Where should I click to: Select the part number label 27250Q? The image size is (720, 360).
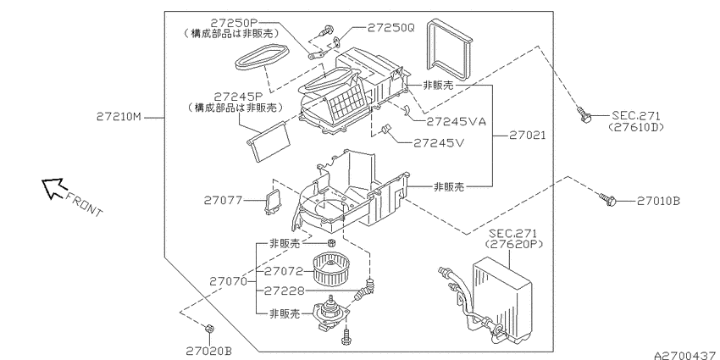click(390, 28)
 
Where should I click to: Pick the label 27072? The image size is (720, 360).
click(283, 272)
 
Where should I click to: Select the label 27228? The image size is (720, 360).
click(283, 291)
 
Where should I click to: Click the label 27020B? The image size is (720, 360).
click(208, 349)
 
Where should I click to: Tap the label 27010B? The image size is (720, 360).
click(658, 201)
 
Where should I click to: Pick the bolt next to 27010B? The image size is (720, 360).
click(606, 200)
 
